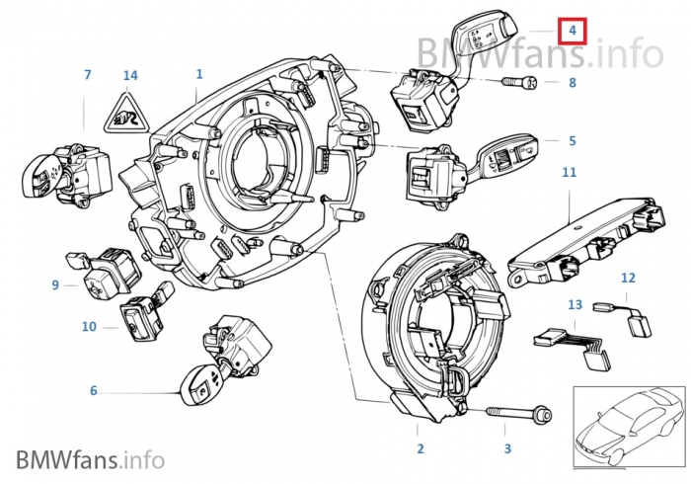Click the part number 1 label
point(198,74)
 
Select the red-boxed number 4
point(572,31)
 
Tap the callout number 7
point(87,74)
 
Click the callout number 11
point(569,172)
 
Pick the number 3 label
point(507,449)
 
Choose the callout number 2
point(420,449)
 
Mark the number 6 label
point(94,391)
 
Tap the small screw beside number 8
point(519,84)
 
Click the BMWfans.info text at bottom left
point(89,459)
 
